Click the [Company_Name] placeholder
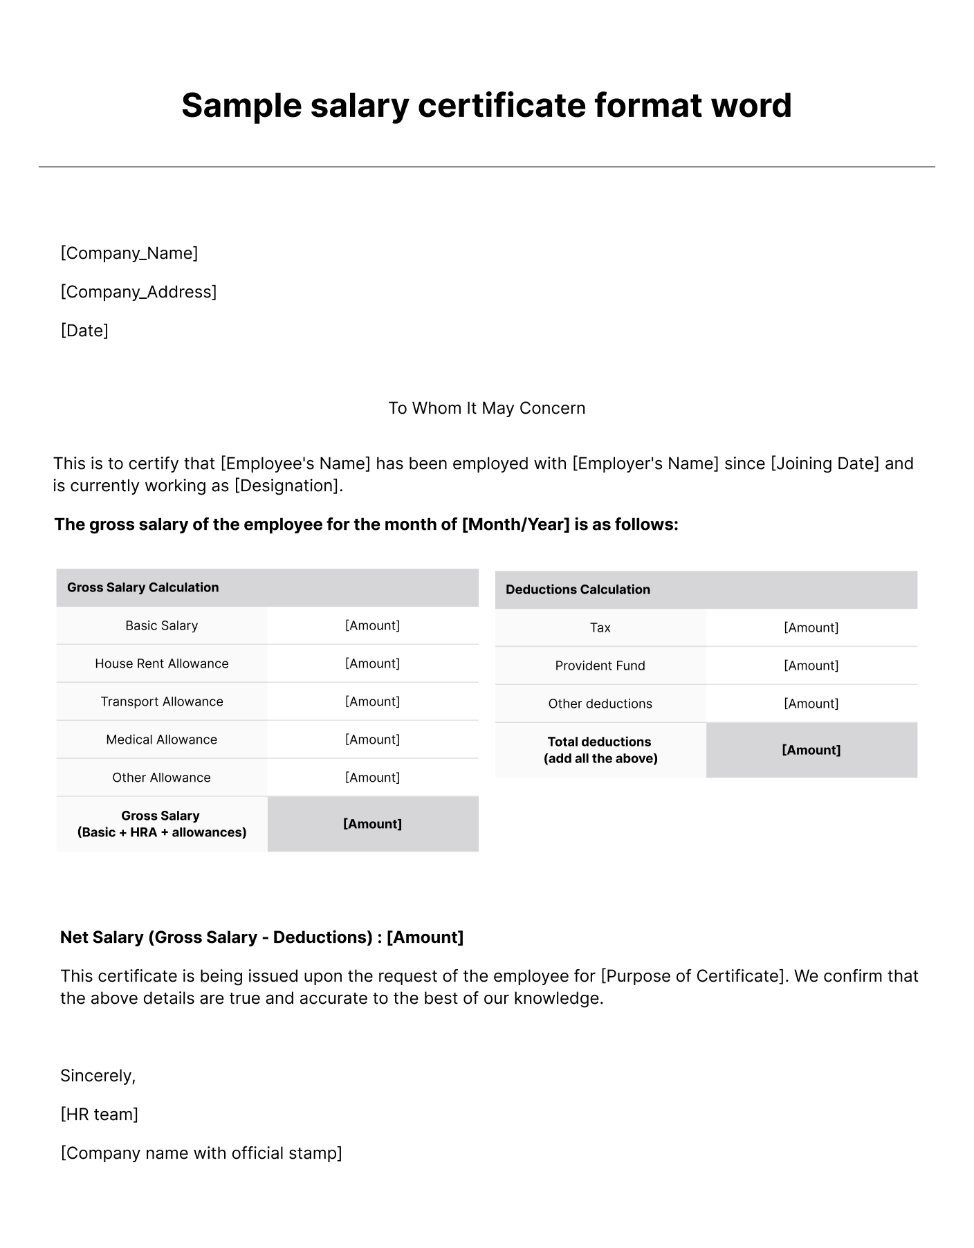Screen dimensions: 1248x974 [x=129, y=253]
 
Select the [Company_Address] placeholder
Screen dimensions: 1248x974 [x=138, y=292]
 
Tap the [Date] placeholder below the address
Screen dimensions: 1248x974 [x=84, y=331]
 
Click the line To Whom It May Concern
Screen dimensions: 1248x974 [x=486, y=408]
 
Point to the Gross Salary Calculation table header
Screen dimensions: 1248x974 [x=143, y=587]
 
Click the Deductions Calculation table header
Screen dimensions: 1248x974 [x=578, y=589]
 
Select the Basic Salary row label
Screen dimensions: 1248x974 [x=161, y=625]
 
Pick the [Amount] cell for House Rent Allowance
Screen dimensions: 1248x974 [x=372, y=663]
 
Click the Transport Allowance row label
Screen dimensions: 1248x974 [x=161, y=701]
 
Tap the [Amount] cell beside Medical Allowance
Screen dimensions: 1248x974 [x=372, y=740]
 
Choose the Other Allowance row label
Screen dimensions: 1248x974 [x=161, y=778]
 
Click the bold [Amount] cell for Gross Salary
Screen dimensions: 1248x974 [x=372, y=824]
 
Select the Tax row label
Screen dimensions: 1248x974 [x=600, y=627]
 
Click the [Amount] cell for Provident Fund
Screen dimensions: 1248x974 [x=811, y=666]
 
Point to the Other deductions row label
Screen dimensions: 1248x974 [x=600, y=704]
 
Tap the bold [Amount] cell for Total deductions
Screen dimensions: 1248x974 [x=811, y=750]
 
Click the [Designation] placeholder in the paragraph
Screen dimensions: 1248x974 [x=288, y=486]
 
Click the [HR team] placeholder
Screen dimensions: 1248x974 [x=100, y=1114]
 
